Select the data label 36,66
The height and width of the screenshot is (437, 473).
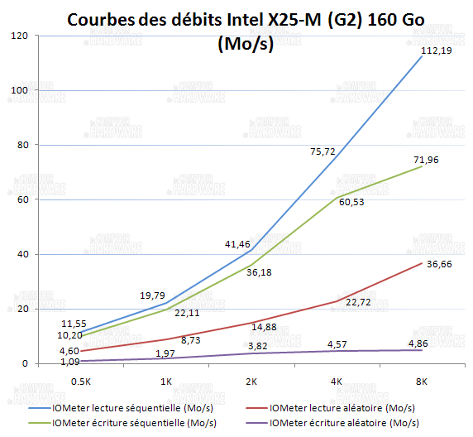tap(439, 264)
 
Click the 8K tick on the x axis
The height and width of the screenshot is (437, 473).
tap(422, 382)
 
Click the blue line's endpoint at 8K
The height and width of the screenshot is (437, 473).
tap(422, 57)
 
